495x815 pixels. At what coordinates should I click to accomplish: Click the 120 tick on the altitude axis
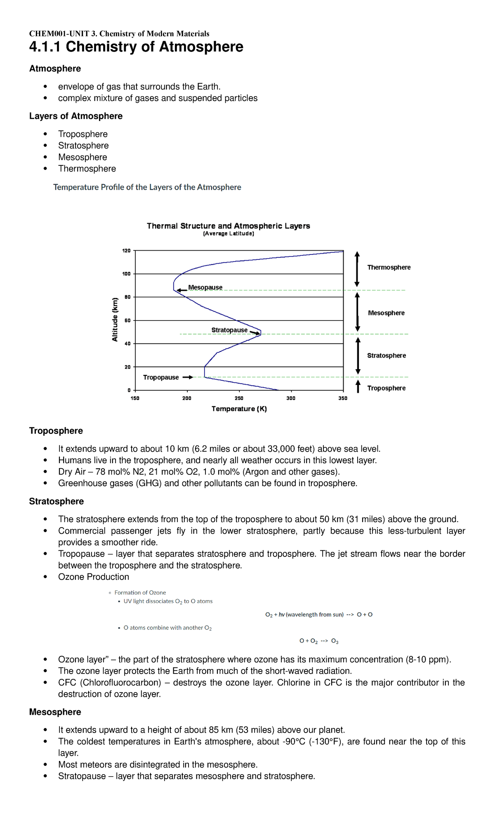[126, 251]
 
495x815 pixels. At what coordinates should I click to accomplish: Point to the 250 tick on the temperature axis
[239, 398]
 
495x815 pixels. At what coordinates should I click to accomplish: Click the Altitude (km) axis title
[115, 320]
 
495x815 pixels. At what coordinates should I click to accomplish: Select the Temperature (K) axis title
[239, 409]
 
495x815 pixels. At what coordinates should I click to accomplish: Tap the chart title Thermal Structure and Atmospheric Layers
[228, 226]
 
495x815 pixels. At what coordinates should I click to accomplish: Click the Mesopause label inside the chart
[205, 287]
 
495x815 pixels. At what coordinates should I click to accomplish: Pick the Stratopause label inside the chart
[229, 330]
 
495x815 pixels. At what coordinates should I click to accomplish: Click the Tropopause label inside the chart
[161, 377]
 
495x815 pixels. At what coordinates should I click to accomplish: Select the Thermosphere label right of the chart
[389, 267]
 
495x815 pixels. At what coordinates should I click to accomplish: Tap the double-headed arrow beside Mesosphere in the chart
[358, 312]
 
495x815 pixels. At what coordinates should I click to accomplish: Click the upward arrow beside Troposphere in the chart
[358, 386]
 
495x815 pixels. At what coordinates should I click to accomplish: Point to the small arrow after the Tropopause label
[188, 377]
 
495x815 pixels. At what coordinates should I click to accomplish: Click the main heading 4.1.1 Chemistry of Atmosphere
[136, 47]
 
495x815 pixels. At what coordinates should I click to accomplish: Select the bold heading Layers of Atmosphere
[76, 116]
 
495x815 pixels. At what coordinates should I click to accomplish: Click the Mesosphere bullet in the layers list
[82, 157]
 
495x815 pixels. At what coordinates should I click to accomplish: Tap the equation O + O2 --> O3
[319, 641]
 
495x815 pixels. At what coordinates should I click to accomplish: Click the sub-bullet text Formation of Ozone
[140, 593]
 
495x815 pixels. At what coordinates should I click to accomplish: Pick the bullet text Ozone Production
[94, 577]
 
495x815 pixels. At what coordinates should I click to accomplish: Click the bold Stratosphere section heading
[57, 502]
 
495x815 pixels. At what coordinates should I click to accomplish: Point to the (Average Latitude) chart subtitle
[229, 234]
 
